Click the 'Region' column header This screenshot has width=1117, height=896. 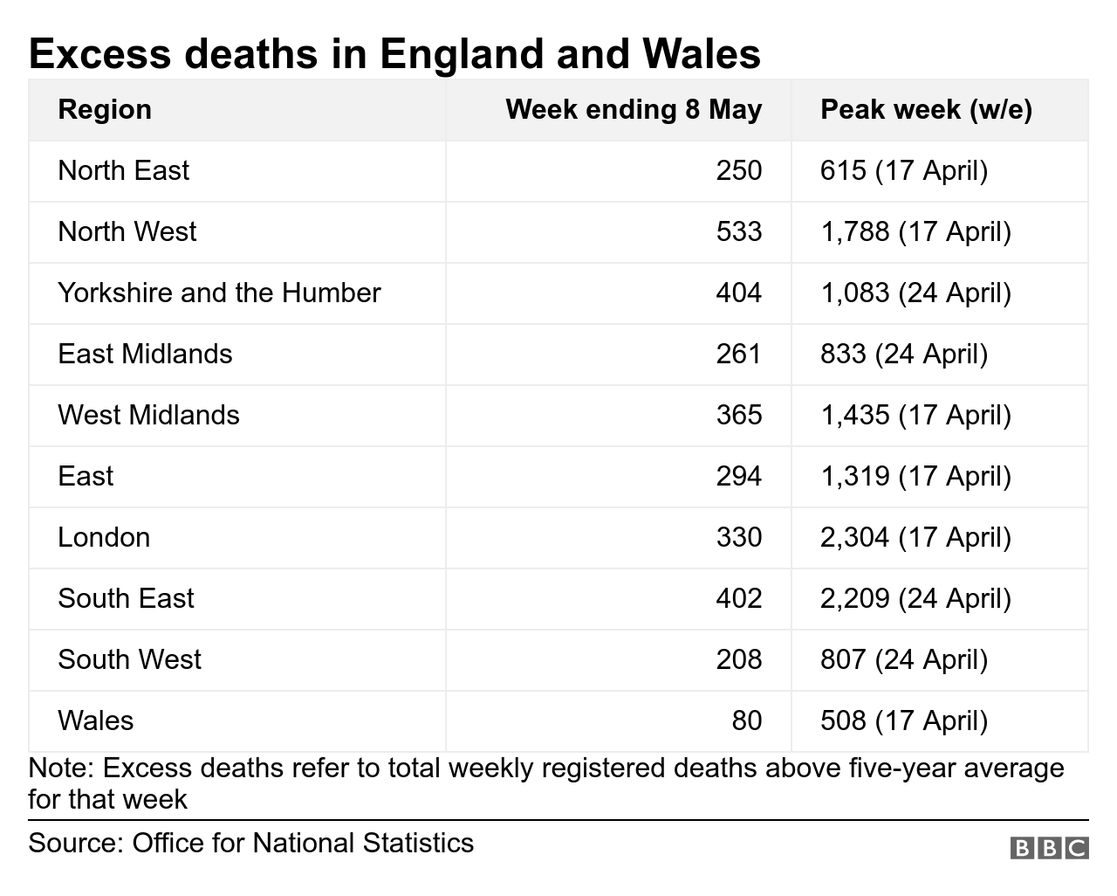[x=105, y=110]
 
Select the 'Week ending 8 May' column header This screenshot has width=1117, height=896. [x=634, y=110]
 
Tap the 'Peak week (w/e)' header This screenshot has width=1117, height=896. [x=926, y=110]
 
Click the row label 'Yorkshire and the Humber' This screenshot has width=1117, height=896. [x=219, y=293]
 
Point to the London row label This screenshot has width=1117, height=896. [x=104, y=537]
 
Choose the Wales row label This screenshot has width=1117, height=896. [x=96, y=720]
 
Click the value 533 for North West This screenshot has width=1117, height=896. [x=738, y=231]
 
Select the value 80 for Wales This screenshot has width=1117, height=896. [x=746, y=720]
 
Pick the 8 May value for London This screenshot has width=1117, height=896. [x=738, y=537]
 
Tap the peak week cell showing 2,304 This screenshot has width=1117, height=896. [x=915, y=537]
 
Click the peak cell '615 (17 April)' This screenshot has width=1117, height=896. [x=904, y=170]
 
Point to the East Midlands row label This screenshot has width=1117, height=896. [x=145, y=354]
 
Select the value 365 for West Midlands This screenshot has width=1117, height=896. [x=738, y=415]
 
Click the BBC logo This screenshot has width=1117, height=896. [x=1049, y=848]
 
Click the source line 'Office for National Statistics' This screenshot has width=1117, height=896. [x=303, y=844]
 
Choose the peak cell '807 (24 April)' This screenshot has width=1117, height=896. [x=904, y=659]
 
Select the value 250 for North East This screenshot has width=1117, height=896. [x=738, y=170]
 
